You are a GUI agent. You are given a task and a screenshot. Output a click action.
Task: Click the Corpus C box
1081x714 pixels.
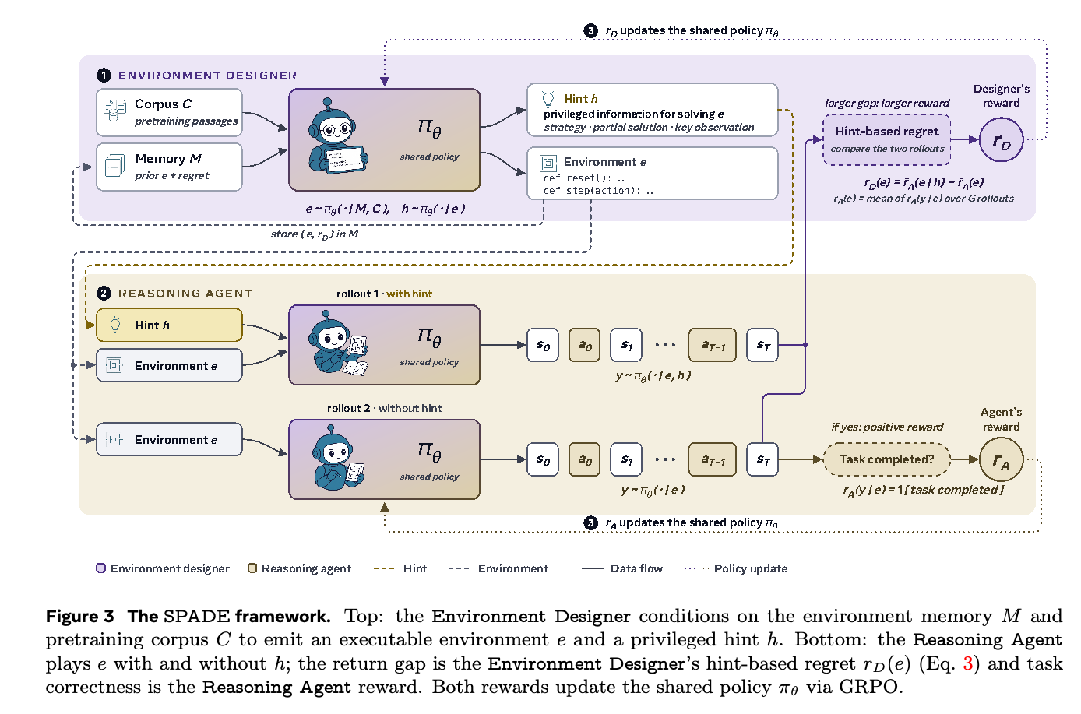[169, 112]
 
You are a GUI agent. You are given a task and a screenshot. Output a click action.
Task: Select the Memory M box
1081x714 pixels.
[169, 167]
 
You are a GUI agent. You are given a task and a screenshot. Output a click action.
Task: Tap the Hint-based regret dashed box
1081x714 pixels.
[887, 140]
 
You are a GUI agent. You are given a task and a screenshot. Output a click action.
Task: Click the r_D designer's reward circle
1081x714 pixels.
[1002, 140]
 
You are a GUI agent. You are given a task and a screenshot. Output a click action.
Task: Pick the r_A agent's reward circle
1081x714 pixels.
[1002, 459]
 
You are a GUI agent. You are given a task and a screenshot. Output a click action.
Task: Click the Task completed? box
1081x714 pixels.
[887, 459]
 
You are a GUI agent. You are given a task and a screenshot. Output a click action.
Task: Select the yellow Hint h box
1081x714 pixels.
[169, 325]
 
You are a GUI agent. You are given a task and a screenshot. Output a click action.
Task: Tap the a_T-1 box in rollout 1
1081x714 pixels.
[713, 345]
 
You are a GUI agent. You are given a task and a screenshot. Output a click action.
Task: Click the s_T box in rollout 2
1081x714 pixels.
[762, 459]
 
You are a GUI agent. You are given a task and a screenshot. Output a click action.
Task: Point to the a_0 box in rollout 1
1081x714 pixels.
[584, 345]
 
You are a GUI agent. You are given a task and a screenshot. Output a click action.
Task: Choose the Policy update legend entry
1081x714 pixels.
[736, 568]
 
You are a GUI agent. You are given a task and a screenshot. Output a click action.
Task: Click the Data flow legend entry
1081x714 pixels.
[622, 568]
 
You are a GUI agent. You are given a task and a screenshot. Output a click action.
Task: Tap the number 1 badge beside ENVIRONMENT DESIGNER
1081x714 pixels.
[104, 76]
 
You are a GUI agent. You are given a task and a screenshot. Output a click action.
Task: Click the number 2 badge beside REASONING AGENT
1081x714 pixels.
[104, 294]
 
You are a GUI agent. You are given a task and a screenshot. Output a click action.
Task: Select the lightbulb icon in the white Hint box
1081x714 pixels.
[548, 99]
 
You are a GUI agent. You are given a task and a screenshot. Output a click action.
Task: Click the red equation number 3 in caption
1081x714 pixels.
[967, 664]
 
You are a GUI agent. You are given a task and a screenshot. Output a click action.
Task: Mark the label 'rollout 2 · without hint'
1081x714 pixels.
[385, 408]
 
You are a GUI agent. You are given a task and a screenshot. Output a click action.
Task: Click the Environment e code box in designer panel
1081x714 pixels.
[653, 174]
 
